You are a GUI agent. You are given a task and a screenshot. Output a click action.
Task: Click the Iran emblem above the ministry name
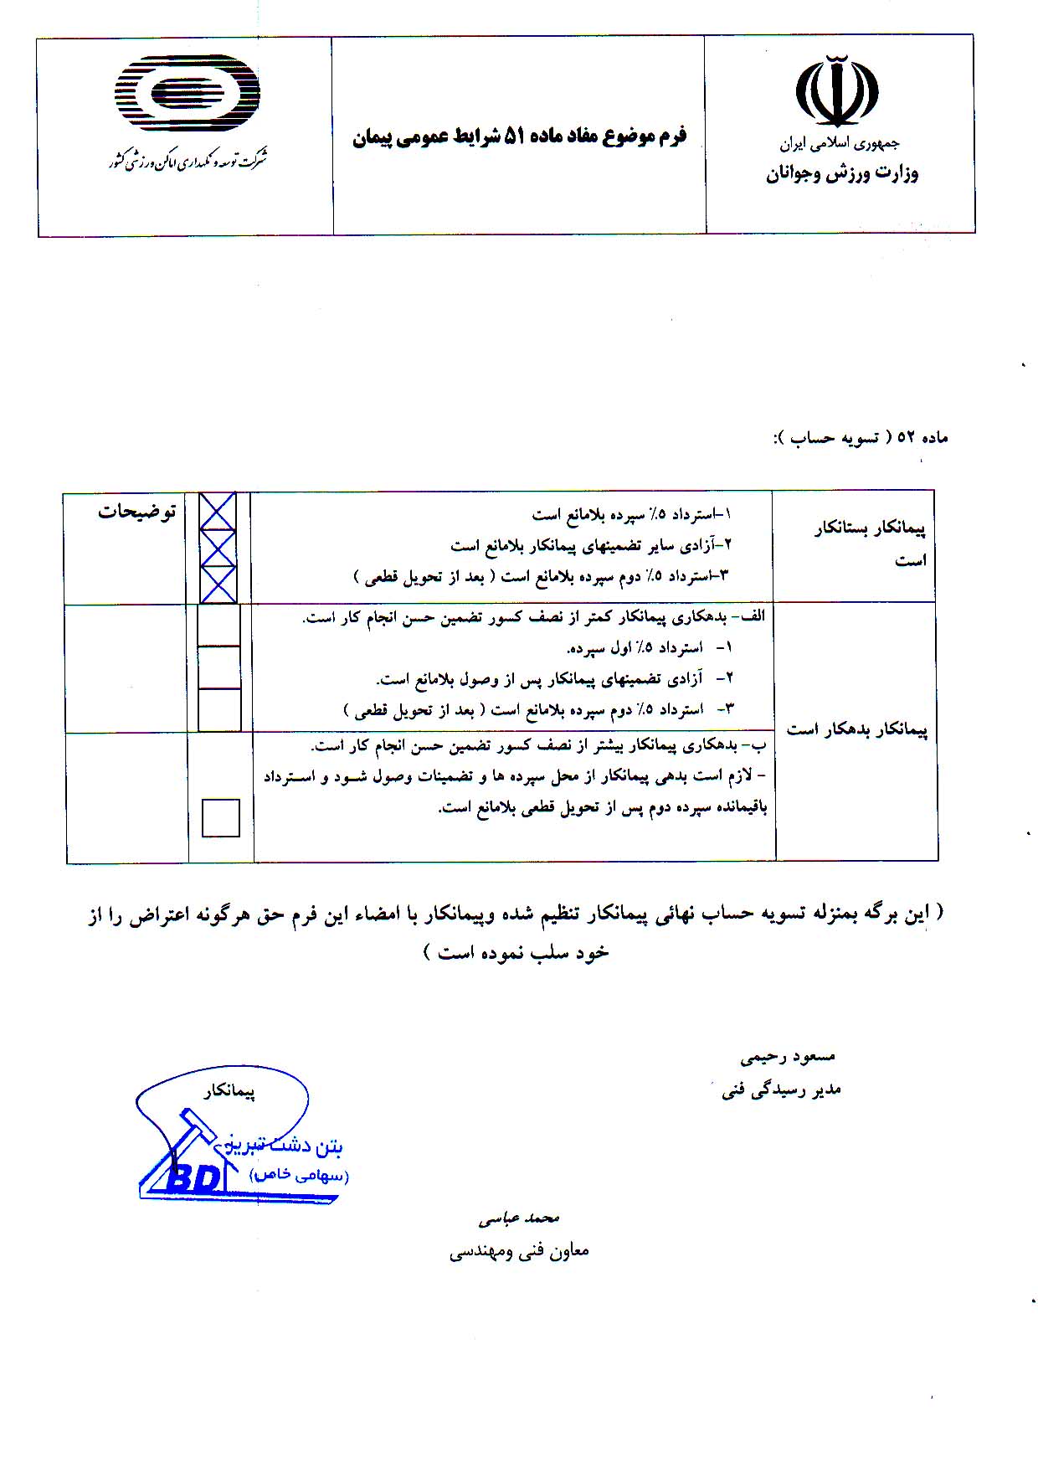(x=837, y=90)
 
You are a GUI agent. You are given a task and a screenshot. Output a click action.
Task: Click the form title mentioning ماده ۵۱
(x=519, y=136)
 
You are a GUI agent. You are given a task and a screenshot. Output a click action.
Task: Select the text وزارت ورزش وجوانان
(x=841, y=174)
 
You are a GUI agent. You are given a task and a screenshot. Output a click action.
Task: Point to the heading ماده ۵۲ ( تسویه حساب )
(x=860, y=437)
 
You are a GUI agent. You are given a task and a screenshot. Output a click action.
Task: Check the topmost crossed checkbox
(x=218, y=511)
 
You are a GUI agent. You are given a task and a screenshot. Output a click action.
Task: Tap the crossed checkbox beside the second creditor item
(x=218, y=548)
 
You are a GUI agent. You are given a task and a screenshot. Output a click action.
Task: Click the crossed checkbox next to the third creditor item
(x=218, y=584)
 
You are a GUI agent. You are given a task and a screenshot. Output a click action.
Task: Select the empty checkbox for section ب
(x=221, y=817)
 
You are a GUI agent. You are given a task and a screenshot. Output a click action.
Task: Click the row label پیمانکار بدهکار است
(x=857, y=730)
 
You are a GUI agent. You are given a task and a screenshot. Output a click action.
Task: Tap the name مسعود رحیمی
(x=788, y=1057)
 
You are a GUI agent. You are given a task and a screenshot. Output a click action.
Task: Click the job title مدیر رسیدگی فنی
(x=781, y=1090)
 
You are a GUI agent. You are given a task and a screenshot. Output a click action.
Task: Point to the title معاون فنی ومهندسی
(x=519, y=1251)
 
